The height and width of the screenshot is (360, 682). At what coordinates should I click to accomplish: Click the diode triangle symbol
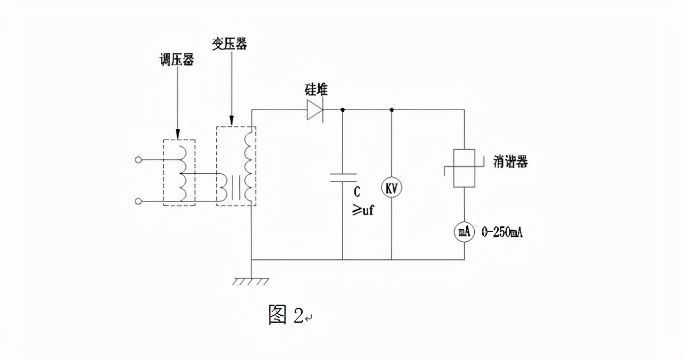(314, 110)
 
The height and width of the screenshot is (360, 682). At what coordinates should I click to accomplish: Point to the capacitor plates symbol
(343, 177)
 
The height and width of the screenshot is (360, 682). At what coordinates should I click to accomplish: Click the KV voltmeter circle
(392, 187)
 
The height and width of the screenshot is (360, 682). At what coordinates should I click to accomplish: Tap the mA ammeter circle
(464, 231)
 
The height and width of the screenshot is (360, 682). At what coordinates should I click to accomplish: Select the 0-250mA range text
(502, 232)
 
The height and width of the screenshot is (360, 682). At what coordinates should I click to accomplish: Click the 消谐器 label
(510, 162)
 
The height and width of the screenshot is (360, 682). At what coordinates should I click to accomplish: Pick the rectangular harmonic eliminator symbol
(464, 168)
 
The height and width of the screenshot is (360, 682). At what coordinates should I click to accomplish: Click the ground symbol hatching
(250, 281)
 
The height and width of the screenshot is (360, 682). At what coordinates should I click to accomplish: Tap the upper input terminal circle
(139, 159)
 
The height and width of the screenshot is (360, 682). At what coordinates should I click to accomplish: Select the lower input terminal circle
(139, 201)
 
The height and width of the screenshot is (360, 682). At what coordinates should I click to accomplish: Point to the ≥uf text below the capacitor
(363, 210)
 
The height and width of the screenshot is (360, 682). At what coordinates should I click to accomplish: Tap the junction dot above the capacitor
(343, 110)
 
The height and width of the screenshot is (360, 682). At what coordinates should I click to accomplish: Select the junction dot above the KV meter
(392, 110)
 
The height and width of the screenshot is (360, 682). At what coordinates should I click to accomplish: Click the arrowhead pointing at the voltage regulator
(178, 134)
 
